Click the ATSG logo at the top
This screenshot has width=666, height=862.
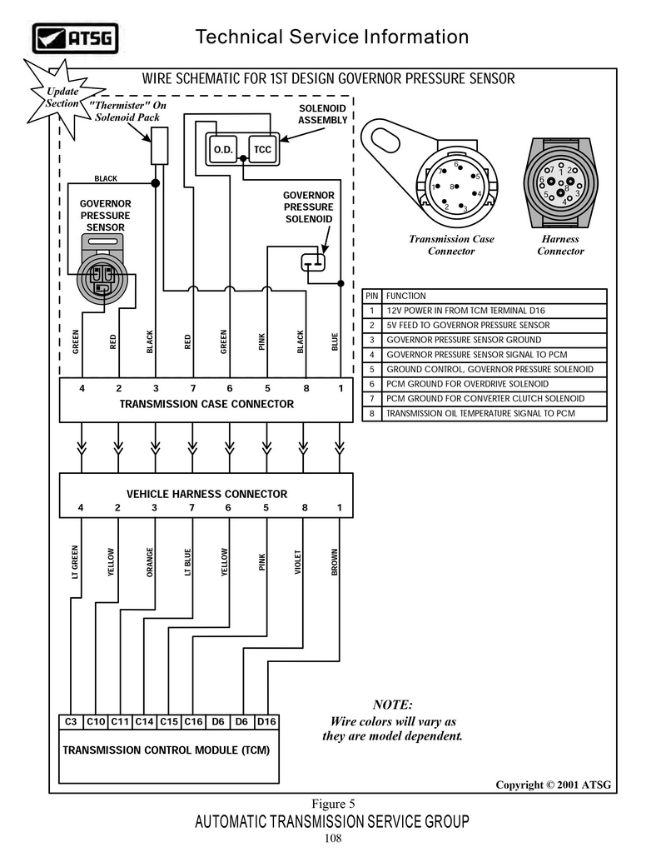(75, 38)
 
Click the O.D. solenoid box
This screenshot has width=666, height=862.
(223, 149)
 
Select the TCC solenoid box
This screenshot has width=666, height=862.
(262, 149)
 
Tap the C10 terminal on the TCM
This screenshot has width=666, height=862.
(97, 721)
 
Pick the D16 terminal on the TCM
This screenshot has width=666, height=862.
(266, 721)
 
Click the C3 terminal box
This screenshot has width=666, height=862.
(71, 721)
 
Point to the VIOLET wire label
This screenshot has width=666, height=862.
(298, 562)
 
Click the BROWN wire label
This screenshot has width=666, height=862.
(335, 562)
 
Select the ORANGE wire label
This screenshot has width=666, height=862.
(150, 562)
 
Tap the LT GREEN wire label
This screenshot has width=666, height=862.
(75, 562)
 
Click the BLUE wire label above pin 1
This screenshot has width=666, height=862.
(335, 342)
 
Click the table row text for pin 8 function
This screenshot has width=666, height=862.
(481, 413)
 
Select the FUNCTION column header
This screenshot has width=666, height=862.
(406, 296)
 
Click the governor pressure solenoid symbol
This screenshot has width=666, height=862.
(313, 262)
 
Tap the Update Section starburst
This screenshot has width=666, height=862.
(62, 97)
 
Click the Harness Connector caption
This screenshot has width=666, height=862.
(560, 245)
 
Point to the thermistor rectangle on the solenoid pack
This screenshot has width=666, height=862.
(159, 146)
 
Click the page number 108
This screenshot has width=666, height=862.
(333, 839)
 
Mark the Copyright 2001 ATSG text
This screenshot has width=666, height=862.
(554, 785)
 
